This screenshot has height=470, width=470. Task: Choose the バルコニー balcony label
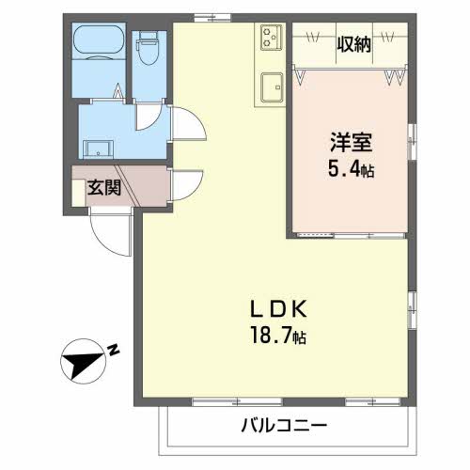(282, 426)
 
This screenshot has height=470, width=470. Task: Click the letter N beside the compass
(114, 350)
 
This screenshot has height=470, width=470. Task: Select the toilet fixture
(149, 47)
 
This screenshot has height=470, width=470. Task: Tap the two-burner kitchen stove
(272, 38)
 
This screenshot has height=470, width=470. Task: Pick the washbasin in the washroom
(98, 148)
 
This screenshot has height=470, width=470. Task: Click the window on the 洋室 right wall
(412, 144)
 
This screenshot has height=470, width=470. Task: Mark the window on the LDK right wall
(411, 308)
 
